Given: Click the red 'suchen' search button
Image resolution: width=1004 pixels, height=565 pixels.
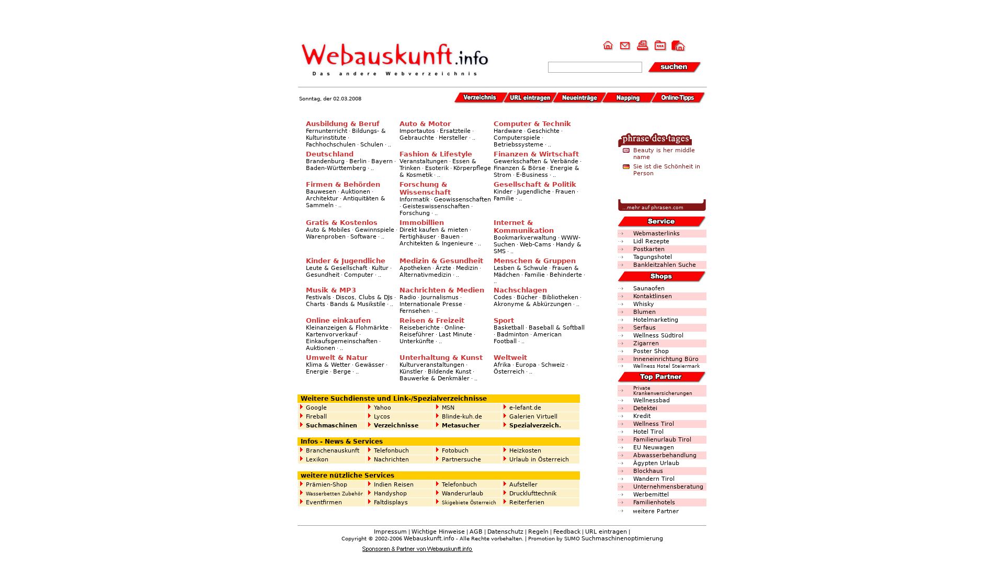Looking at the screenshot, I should (674, 67).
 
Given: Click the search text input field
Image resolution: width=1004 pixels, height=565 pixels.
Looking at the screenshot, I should (595, 67).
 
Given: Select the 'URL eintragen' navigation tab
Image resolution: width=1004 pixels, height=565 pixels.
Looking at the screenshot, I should (529, 98).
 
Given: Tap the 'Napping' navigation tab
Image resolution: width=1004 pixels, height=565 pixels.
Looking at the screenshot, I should (627, 98).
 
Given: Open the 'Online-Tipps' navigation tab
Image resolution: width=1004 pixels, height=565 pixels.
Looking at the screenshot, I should (677, 98).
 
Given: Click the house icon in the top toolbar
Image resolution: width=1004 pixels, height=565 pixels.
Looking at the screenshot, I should (608, 46).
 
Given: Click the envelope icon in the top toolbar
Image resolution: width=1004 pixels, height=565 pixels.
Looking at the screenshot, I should (625, 46).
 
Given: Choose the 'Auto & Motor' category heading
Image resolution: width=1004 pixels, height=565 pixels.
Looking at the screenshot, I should (425, 124).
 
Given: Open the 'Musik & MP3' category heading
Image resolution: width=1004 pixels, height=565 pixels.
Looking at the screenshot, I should (330, 290).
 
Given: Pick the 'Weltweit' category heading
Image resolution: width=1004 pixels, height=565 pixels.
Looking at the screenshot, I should (510, 358).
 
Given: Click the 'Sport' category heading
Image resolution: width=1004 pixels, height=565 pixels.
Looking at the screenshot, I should (504, 321).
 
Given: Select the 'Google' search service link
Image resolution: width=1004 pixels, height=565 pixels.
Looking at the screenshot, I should (316, 408).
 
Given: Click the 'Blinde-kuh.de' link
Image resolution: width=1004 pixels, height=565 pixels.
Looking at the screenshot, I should (462, 417).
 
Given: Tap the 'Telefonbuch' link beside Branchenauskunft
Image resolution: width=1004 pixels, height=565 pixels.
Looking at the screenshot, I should (391, 451).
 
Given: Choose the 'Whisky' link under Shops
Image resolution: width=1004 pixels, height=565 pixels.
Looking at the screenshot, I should (643, 304).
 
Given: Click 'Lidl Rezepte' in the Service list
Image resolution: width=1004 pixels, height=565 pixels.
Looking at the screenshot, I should (651, 242).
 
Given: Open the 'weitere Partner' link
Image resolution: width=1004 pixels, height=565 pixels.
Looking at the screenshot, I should (655, 512).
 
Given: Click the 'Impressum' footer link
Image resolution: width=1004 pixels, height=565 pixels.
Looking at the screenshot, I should (390, 532).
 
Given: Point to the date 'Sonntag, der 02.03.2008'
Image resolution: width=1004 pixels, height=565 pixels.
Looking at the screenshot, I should (330, 99).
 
